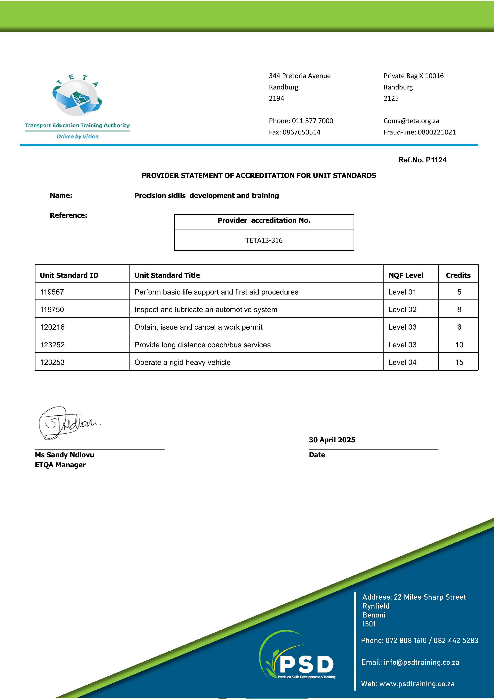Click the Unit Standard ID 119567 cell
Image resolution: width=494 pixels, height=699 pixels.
52,292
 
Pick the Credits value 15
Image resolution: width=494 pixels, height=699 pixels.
459,362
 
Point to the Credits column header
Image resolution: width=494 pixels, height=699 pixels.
458,275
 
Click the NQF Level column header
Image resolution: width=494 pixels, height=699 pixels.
406,275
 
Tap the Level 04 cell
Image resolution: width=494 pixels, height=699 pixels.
402,362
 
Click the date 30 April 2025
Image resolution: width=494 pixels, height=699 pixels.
332,440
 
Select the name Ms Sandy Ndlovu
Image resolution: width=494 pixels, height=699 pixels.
65,455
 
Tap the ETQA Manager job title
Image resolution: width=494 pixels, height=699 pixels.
60,465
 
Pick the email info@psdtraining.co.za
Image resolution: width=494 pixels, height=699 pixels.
421,662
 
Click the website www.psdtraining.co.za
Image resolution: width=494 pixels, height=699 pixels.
417,684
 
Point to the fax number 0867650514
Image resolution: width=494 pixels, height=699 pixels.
301,132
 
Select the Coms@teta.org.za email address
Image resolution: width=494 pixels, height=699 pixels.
411,121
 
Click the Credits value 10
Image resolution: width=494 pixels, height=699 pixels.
459,345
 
